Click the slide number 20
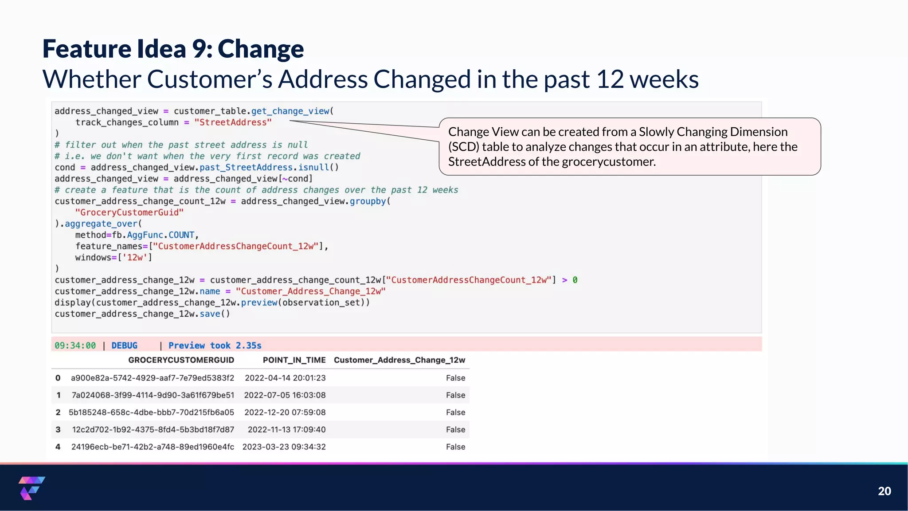click(884, 491)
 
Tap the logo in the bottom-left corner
click(31, 488)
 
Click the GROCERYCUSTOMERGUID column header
click(181, 360)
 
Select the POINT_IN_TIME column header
click(294, 360)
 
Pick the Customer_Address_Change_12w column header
click(399, 360)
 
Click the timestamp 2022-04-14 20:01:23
click(285, 378)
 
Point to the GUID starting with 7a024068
click(153, 395)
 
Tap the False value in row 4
click(455, 447)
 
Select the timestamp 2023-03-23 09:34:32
click(284, 447)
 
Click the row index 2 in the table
click(58, 413)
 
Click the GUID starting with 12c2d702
click(153, 430)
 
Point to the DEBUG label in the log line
click(124, 346)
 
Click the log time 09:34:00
click(75, 346)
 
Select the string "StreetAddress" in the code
click(233, 122)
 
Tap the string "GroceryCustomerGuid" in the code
click(129, 212)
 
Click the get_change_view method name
click(290, 111)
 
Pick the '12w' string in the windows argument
click(135, 258)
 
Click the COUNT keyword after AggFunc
click(181, 235)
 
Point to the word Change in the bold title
click(261, 49)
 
